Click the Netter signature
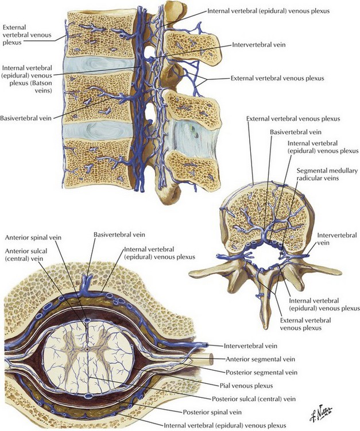click(x=321, y=413)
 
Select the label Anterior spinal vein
click(x=33, y=237)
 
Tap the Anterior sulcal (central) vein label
click(x=26, y=255)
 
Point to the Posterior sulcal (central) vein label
click(x=254, y=399)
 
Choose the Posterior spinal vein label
click(x=212, y=412)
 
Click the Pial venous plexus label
click(x=246, y=386)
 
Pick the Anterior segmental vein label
click(x=260, y=359)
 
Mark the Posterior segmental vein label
click(x=261, y=372)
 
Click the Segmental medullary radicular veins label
click(x=327, y=174)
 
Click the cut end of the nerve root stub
click(x=211, y=359)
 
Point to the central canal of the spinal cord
click(x=87, y=349)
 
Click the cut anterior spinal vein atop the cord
click(x=87, y=321)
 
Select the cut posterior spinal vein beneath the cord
click(x=88, y=396)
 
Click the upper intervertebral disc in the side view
click(x=99, y=65)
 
